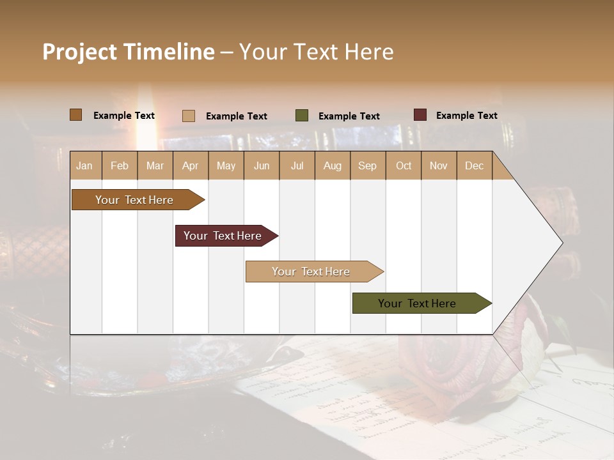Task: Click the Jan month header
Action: [x=84, y=165]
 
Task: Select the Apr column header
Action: [x=190, y=165]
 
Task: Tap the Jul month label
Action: [x=297, y=165]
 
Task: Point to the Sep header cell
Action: [x=367, y=165]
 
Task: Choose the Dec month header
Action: [x=474, y=165]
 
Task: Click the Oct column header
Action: [x=404, y=165]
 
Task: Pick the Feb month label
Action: [x=120, y=165]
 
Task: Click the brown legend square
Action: [x=76, y=115]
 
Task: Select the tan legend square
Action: [x=189, y=116]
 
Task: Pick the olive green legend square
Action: [x=302, y=116]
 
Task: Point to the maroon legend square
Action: [x=420, y=115]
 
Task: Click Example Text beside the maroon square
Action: [x=466, y=116]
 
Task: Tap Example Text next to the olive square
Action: [x=349, y=116]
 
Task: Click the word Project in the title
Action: [x=80, y=52]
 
